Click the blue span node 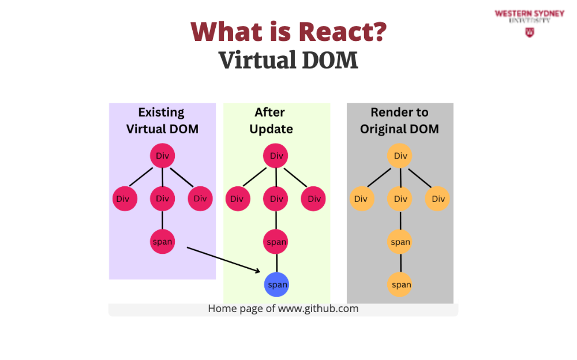pyautogui.click(x=277, y=284)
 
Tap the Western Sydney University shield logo pyautogui.click(x=529, y=32)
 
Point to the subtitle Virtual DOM pyautogui.click(x=288, y=59)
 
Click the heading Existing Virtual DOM pyautogui.click(x=162, y=121)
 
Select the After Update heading pyautogui.click(x=271, y=121)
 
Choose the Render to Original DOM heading pyautogui.click(x=399, y=121)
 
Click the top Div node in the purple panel pyautogui.click(x=162, y=156)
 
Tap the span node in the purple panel pyautogui.click(x=162, y=242)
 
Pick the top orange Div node pyautogui.click(x=400, y=156)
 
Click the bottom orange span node pyautogui.click(x=400, y=284)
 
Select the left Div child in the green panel pyautogui.click(x=237, y=199)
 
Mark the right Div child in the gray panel pyautogui.click(x=438, y=199)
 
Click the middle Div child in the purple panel pyautogui.click(x=162, y=199)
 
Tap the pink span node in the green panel pyautogui.click(x=276, y=242)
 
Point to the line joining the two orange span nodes pyautogui.click(x=400, y=263)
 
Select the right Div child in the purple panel pyautogui.click(x=200, y=199)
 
